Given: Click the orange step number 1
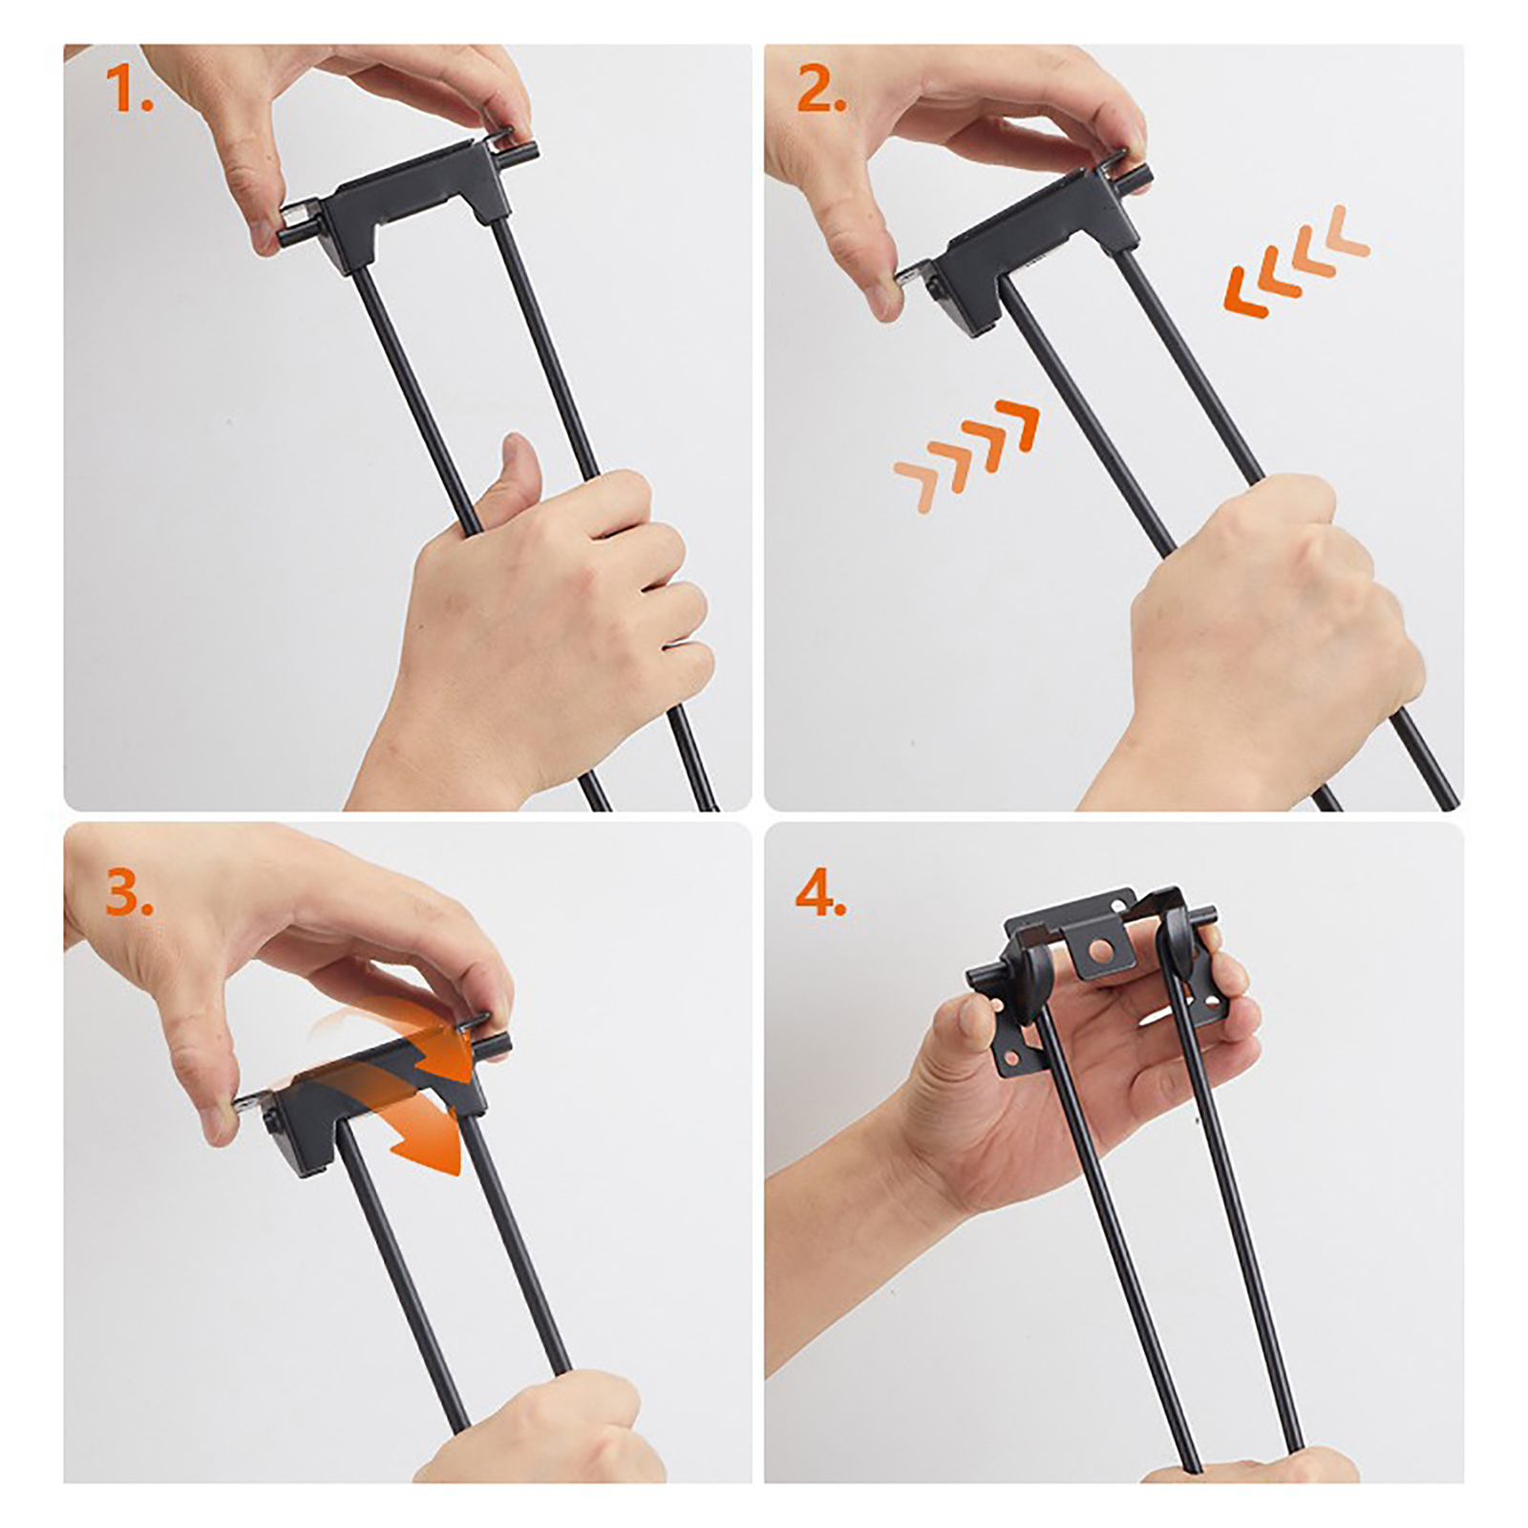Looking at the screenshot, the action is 128,88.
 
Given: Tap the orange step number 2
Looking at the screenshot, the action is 821,90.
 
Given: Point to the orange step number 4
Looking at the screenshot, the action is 820,894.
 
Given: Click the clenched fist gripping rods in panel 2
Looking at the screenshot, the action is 1270,611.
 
